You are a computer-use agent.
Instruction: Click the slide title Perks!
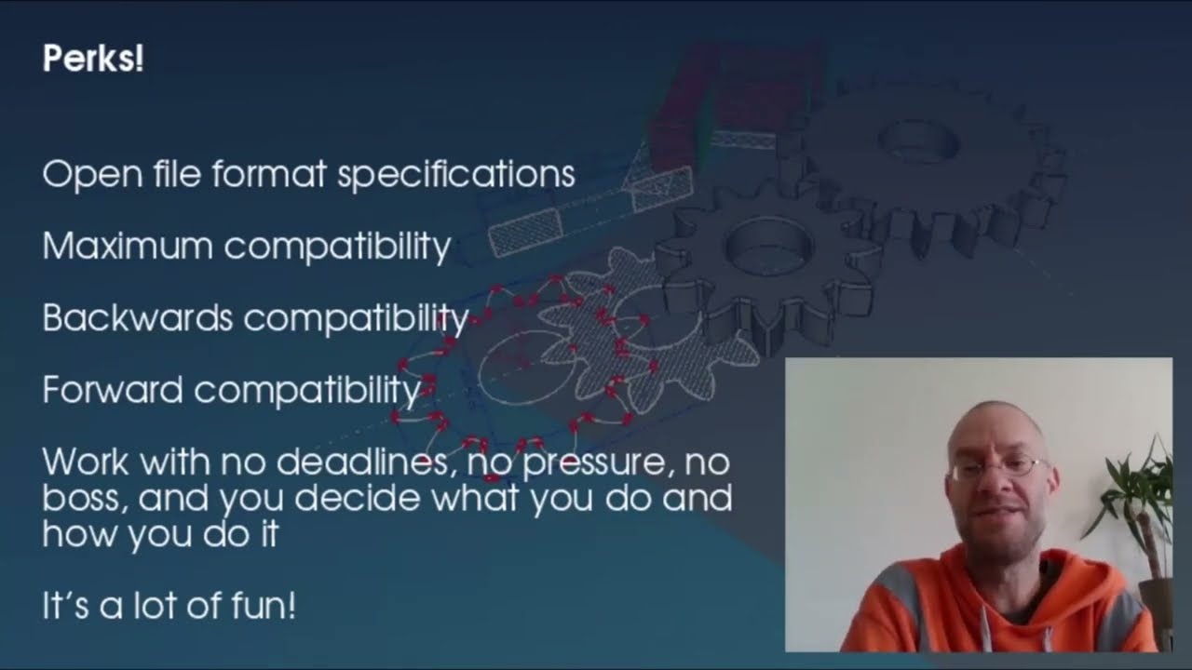pyautogui.click(x=93, y=58)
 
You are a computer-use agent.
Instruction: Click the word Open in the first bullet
pyautogui.click(x=92, y=175)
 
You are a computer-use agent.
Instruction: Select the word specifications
pyautogui.click(x=456, y=174)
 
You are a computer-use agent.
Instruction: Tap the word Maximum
pyautogui.click(x=128, y=246)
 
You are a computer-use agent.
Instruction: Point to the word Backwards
pyautogui.click(x=138, y=317)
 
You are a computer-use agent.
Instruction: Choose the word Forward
pyautogui.click(x=113, y=389)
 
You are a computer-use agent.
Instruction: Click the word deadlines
pyautogui.click(x=362, y=461)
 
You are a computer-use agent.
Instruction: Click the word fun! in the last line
pyautogui.click(x=264, y=605)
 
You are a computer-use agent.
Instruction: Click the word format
pyautogui.click(x=269, y=173)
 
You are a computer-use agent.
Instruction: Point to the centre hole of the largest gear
pyautogui.click(x=918, y=141)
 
